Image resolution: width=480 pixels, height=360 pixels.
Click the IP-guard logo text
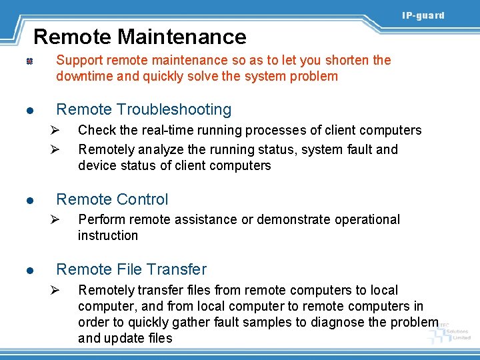click(x=423, y=15)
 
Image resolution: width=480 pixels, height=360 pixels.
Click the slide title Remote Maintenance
click(x=140, y=36)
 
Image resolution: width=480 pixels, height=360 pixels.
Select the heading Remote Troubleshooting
click(x=144, y=109)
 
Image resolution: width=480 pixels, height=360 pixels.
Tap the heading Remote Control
click(x=112, y=199)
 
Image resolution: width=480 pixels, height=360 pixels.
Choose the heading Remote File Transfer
click(x=131, y=269)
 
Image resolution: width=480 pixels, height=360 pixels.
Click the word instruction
click(x=108, y=235)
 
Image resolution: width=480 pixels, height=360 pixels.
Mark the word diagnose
click(x=337, y=322)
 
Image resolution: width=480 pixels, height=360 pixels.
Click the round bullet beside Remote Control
click(x=30, y=200)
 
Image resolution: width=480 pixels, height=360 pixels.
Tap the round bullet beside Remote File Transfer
click(x=30, y=271)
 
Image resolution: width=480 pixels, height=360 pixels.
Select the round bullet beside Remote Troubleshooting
click(x=30, y=111)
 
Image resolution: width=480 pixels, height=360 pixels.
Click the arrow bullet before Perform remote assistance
click(x=57, y=219)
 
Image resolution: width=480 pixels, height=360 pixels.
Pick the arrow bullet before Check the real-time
click(x=57, y=130)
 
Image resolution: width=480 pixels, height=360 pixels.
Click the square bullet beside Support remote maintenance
click(x=30, y=61)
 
